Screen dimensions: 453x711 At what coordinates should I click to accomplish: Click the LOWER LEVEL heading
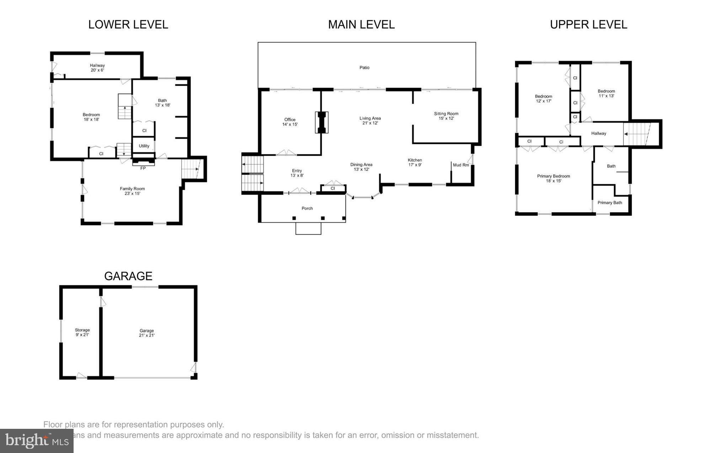click(x=128, y=25)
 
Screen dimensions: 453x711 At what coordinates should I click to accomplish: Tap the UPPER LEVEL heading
click(x=588, y=25)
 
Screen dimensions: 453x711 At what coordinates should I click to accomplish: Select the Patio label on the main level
click(x=364, y=68)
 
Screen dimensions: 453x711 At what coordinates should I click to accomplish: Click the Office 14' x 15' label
click(x=290, y=122)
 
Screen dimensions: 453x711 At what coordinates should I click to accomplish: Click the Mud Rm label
click(x=461, y=165)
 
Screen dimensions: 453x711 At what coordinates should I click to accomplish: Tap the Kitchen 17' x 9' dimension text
click(x=415, y=165)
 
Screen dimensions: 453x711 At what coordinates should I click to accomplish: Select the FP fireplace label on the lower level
click(x=143, y=168)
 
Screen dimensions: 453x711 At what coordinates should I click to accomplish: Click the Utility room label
click(x=144, y=146)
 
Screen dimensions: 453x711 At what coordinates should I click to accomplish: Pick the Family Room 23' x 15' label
click(x=132, y=191)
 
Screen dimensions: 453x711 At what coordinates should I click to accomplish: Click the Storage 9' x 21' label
click(x=82, y=332)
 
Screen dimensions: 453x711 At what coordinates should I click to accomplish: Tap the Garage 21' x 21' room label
click(x=146, y=333)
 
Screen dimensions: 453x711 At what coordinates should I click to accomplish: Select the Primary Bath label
click(x=610, y=203)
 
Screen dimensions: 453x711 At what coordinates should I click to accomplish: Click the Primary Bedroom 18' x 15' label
click(x=554, y=178)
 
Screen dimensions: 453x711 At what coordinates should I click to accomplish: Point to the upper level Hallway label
click(x=599, y=133)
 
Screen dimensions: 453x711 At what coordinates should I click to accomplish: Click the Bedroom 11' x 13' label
click(x=606, y=93)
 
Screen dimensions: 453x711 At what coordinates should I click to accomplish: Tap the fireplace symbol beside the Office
click(x=321, y=122)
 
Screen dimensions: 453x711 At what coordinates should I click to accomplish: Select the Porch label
click(x=307, y=208)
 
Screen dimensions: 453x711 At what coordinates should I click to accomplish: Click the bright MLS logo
click(x=37, y=441)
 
